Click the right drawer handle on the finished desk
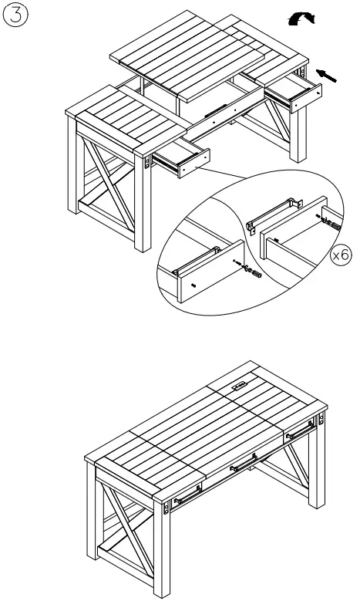point(297,435)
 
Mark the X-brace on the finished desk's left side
point(120,531)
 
